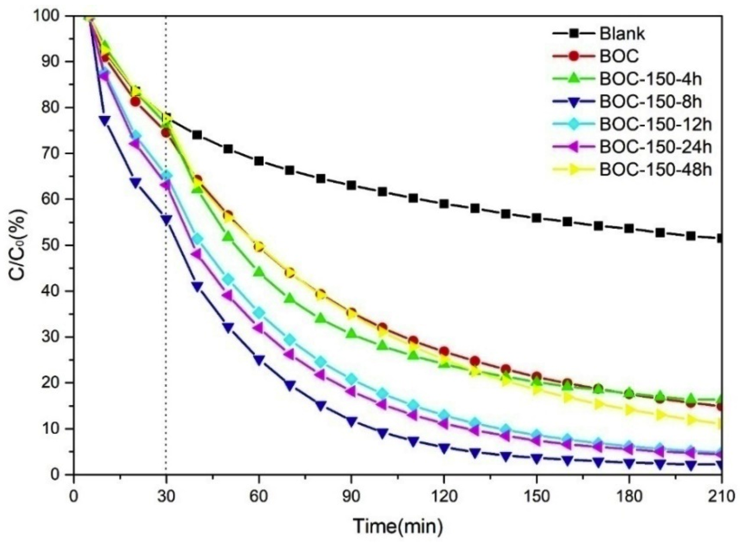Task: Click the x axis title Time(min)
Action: coord(397,526)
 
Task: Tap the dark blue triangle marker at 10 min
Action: coord(105,121)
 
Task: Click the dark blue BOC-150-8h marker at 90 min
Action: coord(351,421)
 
